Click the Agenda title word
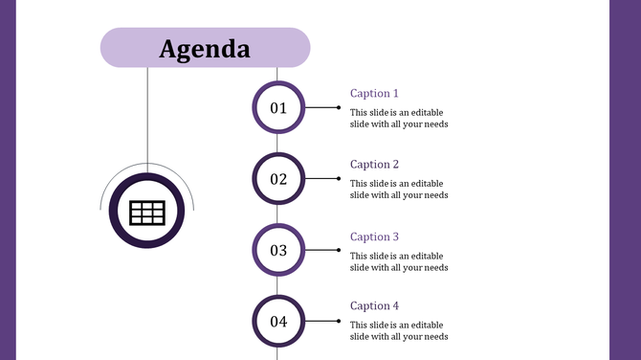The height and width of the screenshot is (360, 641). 205,49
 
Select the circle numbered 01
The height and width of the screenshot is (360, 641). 278,107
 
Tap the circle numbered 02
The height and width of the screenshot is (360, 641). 278,179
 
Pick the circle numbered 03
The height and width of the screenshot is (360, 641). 278,250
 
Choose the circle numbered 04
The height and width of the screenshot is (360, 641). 278,321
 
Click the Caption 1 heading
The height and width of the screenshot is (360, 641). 374,94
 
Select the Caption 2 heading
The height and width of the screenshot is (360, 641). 374,165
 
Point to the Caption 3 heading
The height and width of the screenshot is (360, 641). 374,236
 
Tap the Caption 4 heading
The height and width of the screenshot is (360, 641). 374,306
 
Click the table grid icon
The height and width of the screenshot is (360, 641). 147,213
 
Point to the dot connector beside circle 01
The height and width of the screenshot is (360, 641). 338,107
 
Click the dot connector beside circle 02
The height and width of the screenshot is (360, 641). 338,178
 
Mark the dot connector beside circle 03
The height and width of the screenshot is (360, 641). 338,250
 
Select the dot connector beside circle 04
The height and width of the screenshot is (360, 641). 338,321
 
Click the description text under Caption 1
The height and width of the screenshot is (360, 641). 399,118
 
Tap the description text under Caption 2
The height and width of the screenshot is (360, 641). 399,189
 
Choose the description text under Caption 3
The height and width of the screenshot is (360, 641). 399,261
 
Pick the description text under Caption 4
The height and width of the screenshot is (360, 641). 399,330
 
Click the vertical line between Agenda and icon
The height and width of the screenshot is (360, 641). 147,115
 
